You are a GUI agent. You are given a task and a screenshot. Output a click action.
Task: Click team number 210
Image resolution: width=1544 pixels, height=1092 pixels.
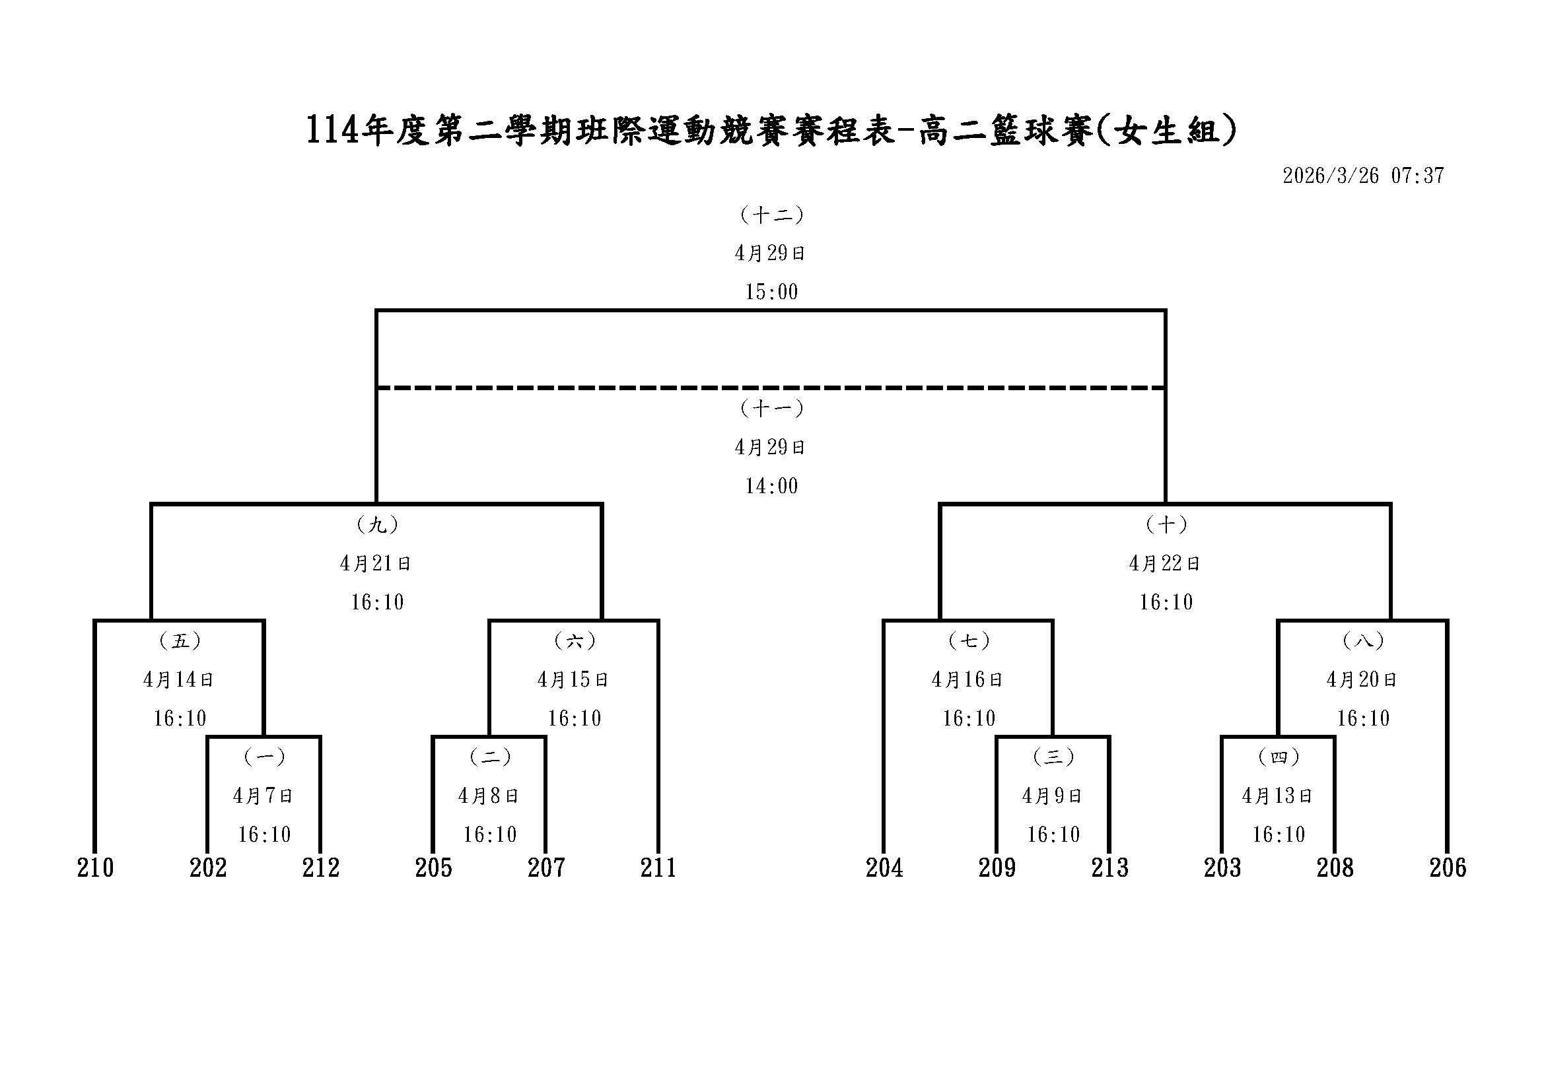tap(96, 868)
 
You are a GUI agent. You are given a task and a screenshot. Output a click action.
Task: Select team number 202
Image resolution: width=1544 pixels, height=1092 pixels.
tap(208, 868)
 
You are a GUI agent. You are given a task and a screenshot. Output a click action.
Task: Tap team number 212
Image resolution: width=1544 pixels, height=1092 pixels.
tap(321, 868)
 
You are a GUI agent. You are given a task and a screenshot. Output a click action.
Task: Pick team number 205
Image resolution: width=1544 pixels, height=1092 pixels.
tap(433, 868)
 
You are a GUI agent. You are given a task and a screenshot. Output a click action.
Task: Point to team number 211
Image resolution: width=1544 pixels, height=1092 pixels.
tap(658, 868)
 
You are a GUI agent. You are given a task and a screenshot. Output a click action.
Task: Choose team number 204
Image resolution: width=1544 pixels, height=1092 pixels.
tap(884, 868)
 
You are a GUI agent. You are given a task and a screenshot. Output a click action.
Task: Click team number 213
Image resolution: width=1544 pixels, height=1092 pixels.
tap(1109, 868)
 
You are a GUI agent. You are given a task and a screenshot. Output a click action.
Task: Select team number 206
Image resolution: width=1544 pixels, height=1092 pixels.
tap(1448, 868)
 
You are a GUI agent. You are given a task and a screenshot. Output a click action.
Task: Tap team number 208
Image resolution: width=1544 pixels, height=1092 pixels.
tap(1335, 868)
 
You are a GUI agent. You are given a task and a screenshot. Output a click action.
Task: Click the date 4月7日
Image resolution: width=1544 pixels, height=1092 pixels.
tap(263, 796)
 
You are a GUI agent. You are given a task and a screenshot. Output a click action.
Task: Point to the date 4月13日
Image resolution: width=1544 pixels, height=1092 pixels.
tap(1278, 796)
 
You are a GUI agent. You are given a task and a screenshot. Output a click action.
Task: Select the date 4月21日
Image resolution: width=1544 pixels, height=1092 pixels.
tap(376, 563)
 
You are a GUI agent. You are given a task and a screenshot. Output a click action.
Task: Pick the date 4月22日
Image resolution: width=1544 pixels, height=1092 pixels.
tap(1166, 563)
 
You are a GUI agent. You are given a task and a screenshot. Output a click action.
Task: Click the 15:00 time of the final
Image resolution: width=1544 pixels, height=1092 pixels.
tap(771, 292)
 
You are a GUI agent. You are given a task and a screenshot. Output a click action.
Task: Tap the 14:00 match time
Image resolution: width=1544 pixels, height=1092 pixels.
tap(771, 486)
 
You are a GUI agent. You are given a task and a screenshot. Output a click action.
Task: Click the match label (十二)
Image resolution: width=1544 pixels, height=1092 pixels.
tap(771, 215)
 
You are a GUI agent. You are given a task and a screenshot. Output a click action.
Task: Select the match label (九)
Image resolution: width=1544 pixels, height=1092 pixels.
tap(376, 524)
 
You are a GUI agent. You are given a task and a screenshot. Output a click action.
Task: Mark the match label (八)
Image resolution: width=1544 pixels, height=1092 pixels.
tap(1363, 641)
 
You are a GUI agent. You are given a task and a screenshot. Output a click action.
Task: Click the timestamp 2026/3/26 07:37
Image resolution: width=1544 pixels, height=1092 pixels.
tap(1363, 176)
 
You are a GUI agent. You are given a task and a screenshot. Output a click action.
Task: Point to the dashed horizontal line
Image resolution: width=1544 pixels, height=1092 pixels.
tap(771, 388)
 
